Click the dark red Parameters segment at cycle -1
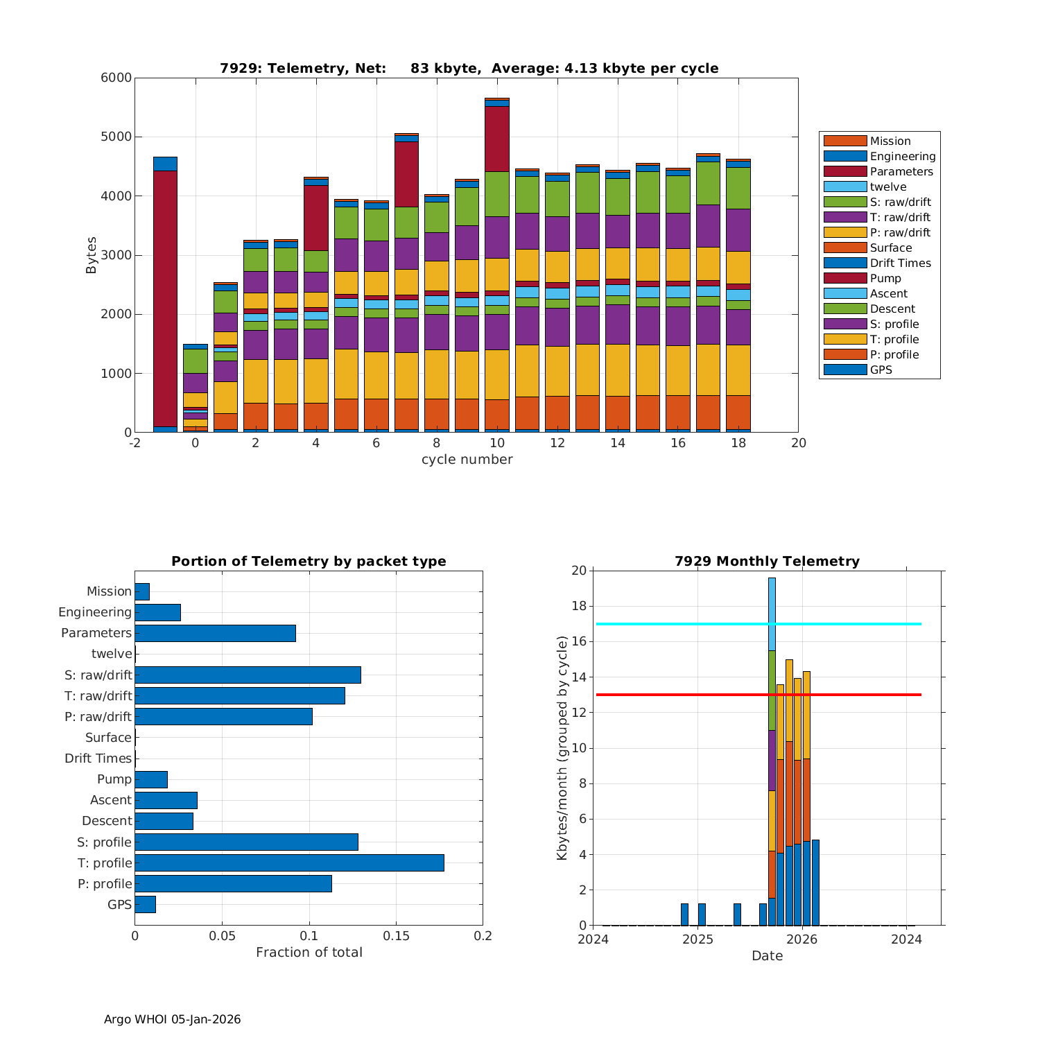click(165, 298)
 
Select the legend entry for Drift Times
click(900, 263)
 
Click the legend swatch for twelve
click(845, 187)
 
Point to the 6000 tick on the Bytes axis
click(116, 78)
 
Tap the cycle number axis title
click(467, 460)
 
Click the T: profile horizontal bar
click(289, 863)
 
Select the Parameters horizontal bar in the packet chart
click(215, 633)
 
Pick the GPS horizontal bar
click(145, 904)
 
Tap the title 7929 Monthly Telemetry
click(767, 561)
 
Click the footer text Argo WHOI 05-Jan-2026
click(172, 1019)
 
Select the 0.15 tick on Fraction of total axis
click(396, 936)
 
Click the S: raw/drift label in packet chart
click(98, 675)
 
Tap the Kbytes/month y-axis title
click(562, 748)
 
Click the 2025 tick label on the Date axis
click(697, 939)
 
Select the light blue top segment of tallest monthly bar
click(772, 614)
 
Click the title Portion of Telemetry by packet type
click(309, 561)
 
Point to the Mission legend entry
click(890, 141)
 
